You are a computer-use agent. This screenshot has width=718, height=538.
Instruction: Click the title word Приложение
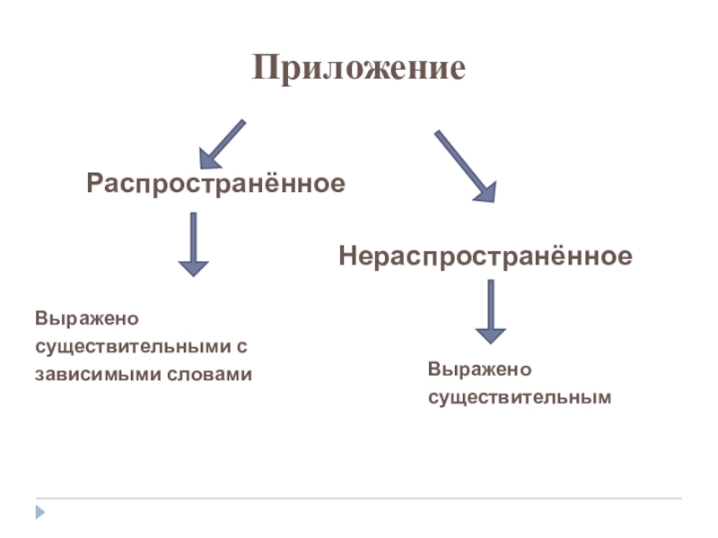(x=359, y=68)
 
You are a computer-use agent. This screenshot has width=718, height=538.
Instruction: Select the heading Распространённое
(x=216, y=184)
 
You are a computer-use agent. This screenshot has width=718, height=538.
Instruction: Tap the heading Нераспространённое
(x=485, y=256)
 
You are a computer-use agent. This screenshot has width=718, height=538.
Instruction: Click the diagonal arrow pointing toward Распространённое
(x=222, y=143)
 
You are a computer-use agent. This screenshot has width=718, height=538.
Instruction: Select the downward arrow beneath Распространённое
(x=193, y=243)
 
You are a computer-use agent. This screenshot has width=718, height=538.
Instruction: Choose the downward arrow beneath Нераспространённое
(x=490, y=310)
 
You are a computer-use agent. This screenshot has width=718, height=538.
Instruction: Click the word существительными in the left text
(x=131, y=346)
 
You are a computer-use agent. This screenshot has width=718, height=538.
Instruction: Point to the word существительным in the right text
(x=519, y=395)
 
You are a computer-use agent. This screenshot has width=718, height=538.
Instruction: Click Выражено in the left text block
(x=77, y=318)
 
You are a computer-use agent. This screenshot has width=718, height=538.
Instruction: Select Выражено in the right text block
(x=468, y=369)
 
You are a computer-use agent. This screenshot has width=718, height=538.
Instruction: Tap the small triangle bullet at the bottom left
(x=39, y=514)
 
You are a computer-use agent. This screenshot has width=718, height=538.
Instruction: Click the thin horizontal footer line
(x=359, y=498)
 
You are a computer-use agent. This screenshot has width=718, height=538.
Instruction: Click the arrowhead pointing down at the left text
(x=193, y=268)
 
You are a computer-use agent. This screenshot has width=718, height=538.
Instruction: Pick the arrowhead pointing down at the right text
(x=490, y=335)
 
